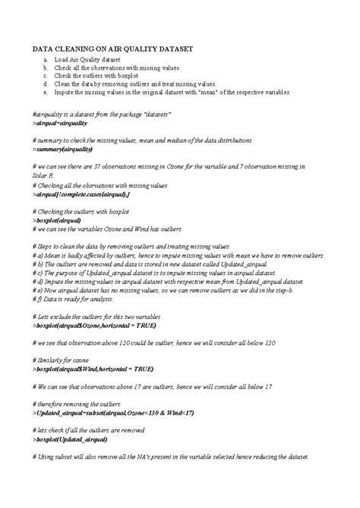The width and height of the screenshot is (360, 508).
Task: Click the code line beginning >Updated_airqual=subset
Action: point(113,413)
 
